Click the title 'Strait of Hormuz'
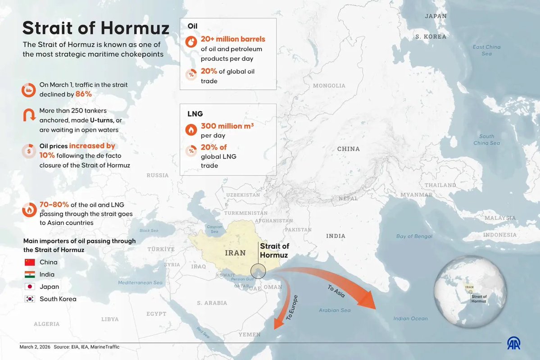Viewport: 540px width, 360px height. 96,28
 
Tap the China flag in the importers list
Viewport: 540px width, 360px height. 30,262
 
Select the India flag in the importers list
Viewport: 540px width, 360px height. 30,274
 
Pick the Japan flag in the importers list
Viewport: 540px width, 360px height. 30,287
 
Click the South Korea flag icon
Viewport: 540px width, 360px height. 30,299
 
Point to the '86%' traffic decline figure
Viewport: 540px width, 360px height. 83,94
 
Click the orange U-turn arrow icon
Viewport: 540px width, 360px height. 29,115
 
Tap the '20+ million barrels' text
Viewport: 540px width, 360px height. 233,39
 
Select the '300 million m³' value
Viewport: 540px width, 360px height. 227,127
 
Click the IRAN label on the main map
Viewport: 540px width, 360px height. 235,253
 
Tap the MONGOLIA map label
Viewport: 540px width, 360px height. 329,86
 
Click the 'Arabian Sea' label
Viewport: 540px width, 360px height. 334,310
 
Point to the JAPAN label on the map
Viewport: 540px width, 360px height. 436,16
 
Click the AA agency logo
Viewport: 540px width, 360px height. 514,343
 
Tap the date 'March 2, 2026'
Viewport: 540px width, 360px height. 34,347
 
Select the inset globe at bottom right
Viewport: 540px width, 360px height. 471,292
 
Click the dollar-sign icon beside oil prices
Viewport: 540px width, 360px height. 29,151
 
